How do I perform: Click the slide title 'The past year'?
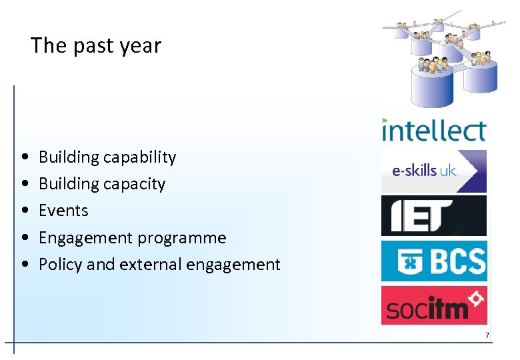click(96, 46)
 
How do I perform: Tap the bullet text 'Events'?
click(63, 211)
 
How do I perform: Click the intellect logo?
click(433, 129)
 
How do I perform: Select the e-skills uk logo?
click(433, 171)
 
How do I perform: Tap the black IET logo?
click(433, 216)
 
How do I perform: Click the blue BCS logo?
click(433, 261)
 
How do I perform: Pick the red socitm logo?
click(433, 306)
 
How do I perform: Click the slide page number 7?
click(487, 335)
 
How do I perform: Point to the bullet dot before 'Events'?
click(25, 211)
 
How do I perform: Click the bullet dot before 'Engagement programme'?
click(25, 238)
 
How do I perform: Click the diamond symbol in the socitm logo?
click(475, 299)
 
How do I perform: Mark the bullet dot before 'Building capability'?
click(25, 157)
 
